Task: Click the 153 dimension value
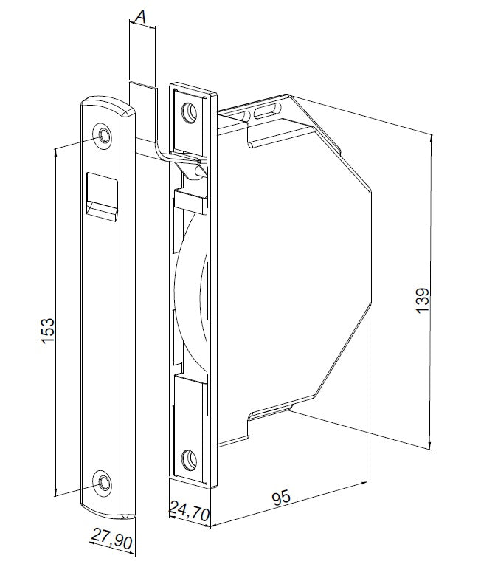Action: tap(48, 331)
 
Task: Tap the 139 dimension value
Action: tap(423, 300)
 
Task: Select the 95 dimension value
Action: tap(281, 497)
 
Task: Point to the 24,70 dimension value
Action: tap(190, 511)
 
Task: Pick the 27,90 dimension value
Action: tap(111, 539)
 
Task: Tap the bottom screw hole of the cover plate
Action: tap(103, 482)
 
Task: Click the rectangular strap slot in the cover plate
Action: tap(103, 196)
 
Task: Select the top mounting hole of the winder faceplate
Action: tap(190, 112)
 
